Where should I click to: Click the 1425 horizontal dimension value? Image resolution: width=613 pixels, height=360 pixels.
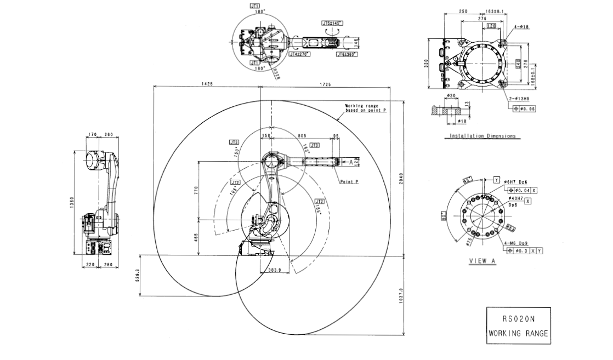point(207,84)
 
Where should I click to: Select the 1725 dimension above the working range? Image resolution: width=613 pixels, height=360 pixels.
point(325,84)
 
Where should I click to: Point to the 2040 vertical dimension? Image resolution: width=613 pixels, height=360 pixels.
point(401,178)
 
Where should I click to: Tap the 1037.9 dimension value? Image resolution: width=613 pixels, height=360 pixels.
point(401,296)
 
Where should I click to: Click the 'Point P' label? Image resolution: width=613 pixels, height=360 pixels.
point(349,181)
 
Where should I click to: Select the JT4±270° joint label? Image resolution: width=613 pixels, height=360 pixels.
point(300,54)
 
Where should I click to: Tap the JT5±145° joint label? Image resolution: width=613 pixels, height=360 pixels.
point(332,23)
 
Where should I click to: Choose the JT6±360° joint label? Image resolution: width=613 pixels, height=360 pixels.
point(347,54)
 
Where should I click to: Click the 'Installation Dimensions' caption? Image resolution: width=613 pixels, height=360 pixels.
point(483,136)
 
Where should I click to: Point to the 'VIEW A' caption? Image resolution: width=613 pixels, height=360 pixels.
point(482,261)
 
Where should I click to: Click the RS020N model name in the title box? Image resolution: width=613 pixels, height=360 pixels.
point(518,318)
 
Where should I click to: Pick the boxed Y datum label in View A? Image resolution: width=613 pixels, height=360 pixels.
point(496,180)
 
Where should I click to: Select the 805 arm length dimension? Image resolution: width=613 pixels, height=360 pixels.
point(302,135)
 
